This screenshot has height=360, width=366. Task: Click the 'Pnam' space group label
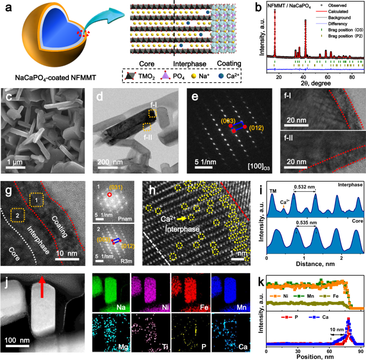127,219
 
